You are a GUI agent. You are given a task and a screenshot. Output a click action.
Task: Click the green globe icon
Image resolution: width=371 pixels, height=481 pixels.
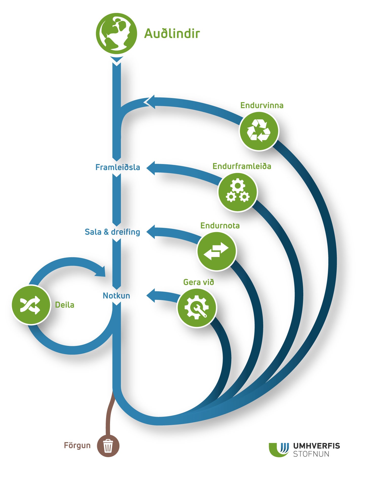coord(116,33)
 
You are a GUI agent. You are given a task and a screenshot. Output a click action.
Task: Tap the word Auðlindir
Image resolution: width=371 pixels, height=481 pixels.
coord(172,34)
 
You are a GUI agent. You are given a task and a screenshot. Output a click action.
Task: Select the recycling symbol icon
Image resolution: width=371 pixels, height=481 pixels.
coord(259,131)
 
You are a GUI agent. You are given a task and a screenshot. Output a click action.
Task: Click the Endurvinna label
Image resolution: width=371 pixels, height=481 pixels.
coord(262,105)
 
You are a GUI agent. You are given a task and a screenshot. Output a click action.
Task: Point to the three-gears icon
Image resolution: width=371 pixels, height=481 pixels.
coord(238,192)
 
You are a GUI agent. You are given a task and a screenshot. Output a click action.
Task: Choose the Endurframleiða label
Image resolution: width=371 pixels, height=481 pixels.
coord(242,166)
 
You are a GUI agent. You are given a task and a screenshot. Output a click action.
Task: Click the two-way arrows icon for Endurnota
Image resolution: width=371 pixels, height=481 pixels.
coord(216,251)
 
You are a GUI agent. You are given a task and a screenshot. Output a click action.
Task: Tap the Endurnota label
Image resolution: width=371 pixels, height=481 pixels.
coord(220,226)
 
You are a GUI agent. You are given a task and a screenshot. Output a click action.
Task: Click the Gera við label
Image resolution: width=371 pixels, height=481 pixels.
coord(199,282)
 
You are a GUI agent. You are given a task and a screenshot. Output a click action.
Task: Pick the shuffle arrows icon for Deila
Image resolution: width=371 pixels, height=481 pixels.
coord(31,305)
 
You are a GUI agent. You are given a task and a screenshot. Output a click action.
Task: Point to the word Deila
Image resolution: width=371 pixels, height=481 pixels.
coord(65,305)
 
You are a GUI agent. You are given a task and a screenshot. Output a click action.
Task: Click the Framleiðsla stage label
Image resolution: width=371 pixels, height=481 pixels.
coord(118,167)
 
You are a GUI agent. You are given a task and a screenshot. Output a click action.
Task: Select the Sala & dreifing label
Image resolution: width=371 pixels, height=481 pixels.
coord(112,232)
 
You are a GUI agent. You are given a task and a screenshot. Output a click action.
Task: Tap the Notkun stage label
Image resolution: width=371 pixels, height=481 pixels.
coord(116,296)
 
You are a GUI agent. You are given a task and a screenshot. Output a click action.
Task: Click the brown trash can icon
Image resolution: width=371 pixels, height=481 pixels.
coord(108,446)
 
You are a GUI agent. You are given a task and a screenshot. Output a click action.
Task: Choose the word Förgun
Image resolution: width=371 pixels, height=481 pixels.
coord(77,445)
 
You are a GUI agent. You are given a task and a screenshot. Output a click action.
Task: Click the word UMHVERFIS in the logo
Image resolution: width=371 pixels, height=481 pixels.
coord(316,446)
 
